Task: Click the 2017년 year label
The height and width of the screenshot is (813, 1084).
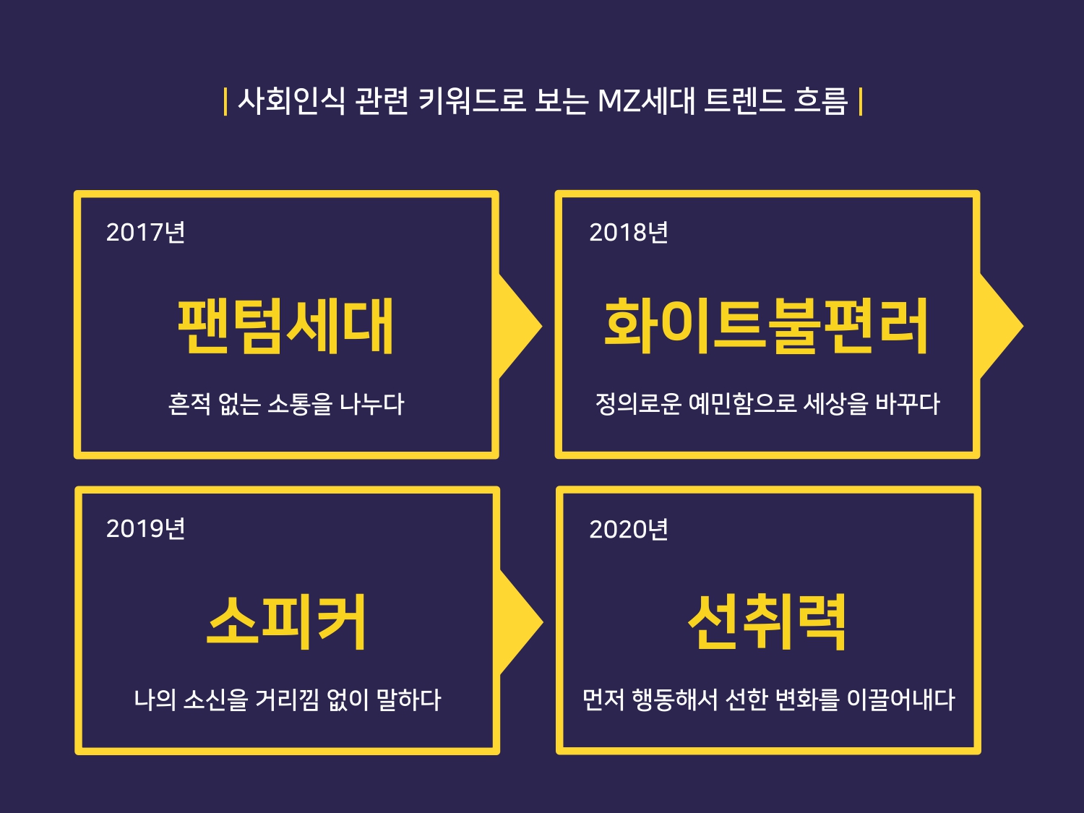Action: [145, 232]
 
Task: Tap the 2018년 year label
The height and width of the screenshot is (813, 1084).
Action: [628, 232]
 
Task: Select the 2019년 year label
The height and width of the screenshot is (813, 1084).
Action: [145, 528]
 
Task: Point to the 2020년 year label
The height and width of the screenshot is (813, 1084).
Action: [628, 529]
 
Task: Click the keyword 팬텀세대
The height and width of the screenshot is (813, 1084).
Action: [285, 327]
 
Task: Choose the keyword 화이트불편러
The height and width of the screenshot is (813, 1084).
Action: [766, 327]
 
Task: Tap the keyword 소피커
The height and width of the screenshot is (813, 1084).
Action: [286, 622]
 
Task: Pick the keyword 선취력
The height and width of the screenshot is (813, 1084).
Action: [767, 622]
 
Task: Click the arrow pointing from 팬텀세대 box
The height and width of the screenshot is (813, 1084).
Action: [519, 326]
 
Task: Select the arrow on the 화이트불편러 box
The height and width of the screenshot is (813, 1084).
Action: [999, 326]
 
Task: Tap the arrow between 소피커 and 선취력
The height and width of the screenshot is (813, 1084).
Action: [520, 622]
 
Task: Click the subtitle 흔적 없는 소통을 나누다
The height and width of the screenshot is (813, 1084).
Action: [286, 403]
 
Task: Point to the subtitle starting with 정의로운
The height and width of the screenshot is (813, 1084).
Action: [767, 403]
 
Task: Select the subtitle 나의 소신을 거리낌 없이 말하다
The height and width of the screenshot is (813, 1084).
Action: [287, 700]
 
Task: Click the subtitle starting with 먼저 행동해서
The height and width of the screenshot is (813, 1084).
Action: [768, 700]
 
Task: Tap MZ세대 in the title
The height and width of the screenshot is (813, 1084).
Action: [646, 101]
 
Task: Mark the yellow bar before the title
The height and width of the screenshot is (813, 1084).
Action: [225, 101]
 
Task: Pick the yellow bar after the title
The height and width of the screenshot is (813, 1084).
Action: [860, 101]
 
